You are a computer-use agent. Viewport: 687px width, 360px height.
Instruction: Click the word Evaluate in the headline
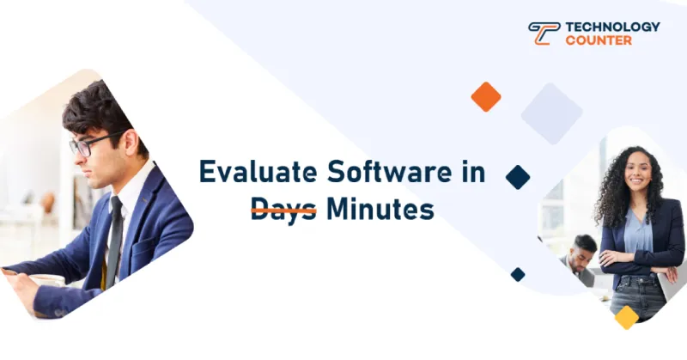(258, 172)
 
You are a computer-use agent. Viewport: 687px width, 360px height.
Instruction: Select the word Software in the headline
(389, 172)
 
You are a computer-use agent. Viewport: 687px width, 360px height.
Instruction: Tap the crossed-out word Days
(283, 211)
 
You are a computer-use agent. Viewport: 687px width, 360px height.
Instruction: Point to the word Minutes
(380, 209)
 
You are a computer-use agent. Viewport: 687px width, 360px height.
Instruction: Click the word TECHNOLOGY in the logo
(612, 27)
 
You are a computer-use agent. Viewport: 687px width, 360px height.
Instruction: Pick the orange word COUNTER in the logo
(599, 40)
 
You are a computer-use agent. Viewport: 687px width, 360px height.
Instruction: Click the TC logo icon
(544, 34)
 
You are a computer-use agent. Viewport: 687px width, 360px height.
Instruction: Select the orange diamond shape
(486, 97)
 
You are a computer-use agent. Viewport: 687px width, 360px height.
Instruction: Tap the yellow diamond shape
(627, 317)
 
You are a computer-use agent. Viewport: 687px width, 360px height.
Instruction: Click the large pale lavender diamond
(551, 113)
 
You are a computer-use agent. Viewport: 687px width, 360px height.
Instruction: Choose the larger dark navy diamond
(518, 177)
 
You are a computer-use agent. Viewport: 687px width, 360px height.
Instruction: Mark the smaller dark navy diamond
(518, 274)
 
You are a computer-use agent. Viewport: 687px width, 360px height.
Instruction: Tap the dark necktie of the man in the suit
(115, 241)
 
